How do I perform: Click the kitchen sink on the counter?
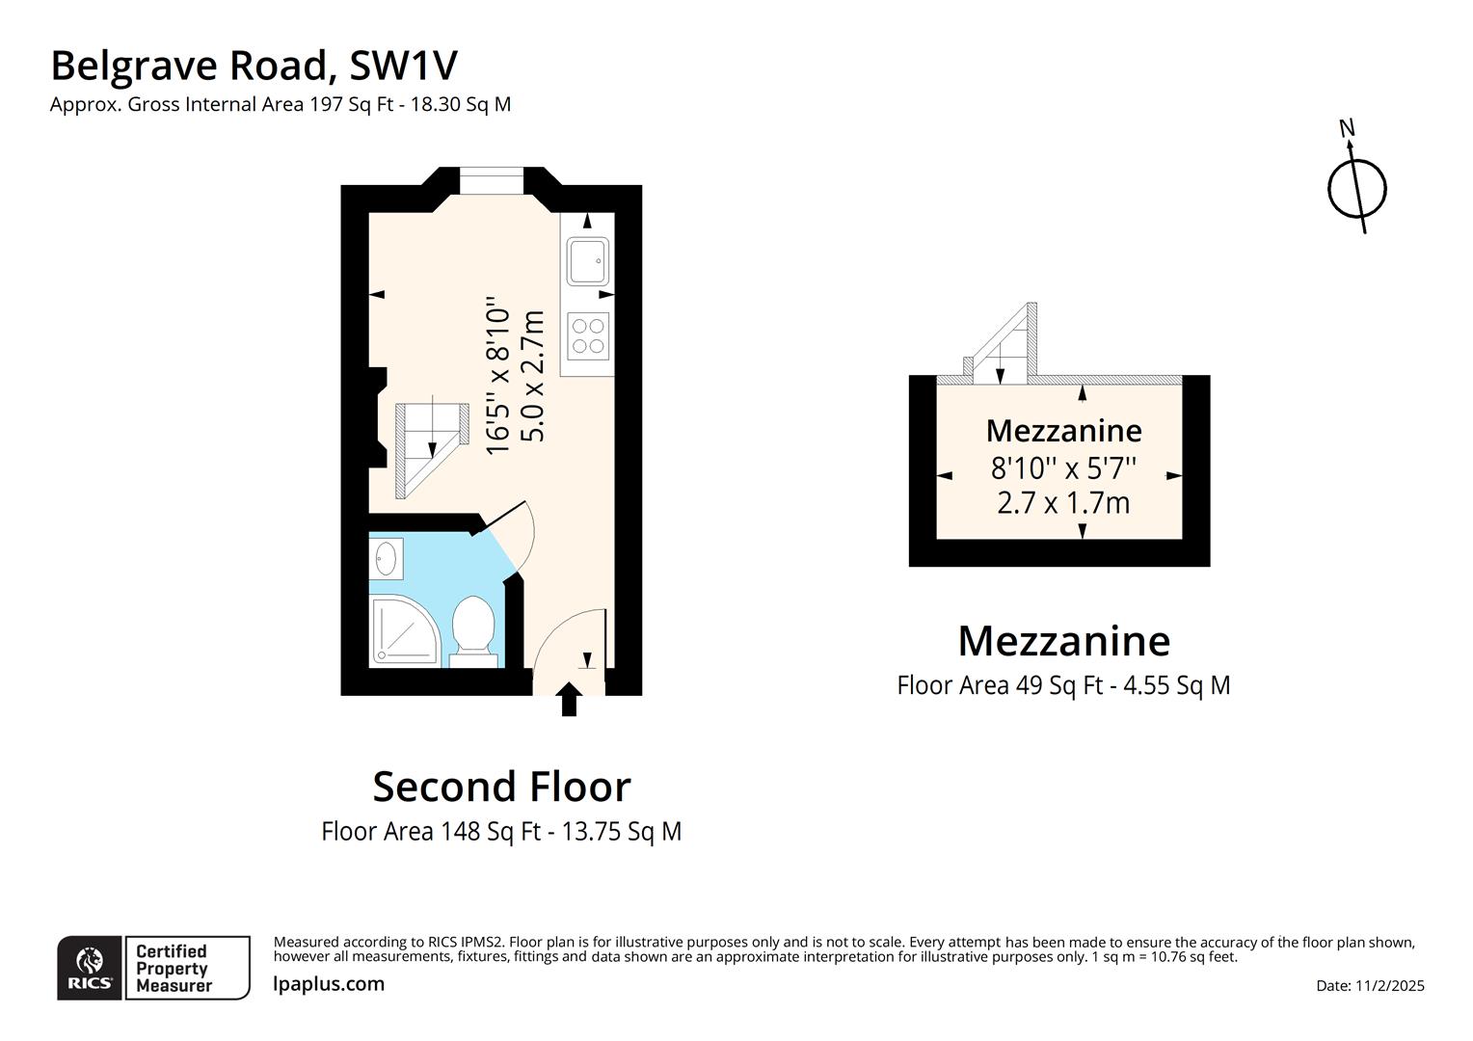(588, 260)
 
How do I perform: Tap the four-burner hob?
(588, 336)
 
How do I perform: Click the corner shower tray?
(405, 631)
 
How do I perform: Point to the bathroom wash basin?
(387, 558)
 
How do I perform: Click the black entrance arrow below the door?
(569, 700)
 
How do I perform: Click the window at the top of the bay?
(492, 180)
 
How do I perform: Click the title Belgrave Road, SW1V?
(254, 66)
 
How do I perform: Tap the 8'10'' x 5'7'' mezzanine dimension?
(1063, 468)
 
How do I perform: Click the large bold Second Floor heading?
(501, 787)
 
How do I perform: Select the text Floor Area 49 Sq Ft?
(999, 685)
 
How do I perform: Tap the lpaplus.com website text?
(329, 984)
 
